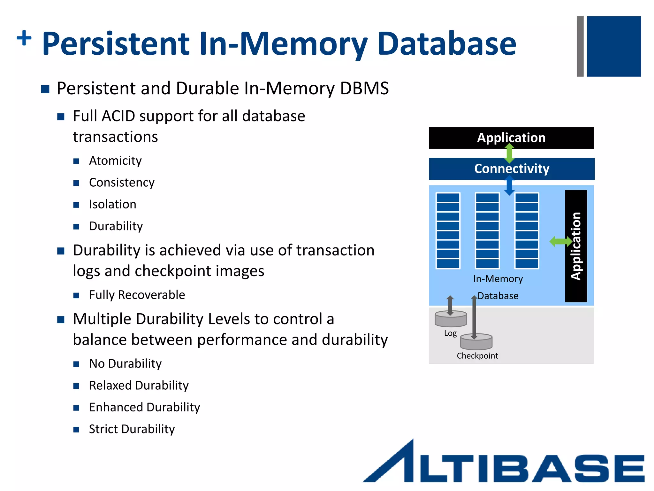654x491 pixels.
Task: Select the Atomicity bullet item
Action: click(115, 160)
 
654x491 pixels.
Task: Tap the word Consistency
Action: click(121, 183)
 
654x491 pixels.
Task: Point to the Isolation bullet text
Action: click(112, 204)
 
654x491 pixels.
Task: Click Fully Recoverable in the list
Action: click(137, 295)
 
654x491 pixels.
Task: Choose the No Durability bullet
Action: click(125, 364)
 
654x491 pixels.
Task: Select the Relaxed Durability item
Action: click(139, 386)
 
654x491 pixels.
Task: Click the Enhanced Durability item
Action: click(144, 407)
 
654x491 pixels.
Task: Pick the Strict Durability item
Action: click(132, 429)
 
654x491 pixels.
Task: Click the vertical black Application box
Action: click(576, 246)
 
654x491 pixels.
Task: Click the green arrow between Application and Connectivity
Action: click(509, 153)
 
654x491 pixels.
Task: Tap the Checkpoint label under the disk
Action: click(477, 356)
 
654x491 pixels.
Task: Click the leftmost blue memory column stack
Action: click(448, 230)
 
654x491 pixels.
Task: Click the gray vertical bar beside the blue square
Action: click(580, 46)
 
